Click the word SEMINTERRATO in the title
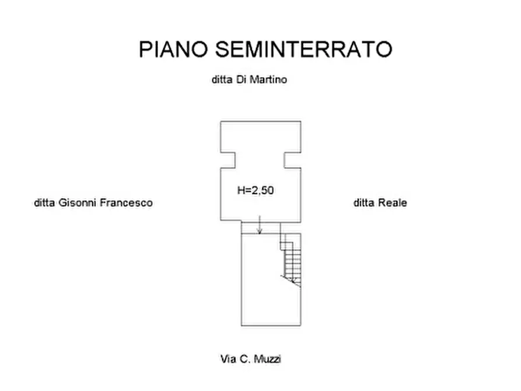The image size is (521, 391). pos(304,49)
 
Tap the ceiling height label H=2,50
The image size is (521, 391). pos(256,190)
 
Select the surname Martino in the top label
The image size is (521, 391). pos(268,79)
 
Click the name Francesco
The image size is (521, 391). pos(126,203)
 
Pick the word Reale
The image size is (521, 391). pos(393,203)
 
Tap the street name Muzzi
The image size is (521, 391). pos(267,359)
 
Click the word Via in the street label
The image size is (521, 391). pos(228,359)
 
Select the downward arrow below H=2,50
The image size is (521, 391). pos(260,225)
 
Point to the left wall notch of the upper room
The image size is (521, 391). pos(228,160)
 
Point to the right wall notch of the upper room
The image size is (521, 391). pos(292,160)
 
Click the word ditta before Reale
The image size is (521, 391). pos(364,203)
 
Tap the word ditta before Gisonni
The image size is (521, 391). pos(44,203)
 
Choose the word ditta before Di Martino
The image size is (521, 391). pos(222,79)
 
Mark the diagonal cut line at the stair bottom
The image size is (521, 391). pos(291,281)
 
